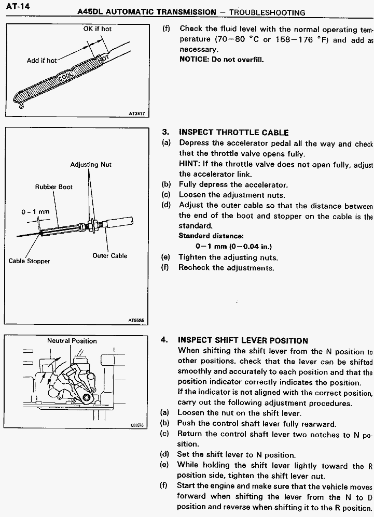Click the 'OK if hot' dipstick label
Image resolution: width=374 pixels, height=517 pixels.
[x=98, y=29]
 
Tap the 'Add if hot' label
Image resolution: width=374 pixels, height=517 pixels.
[x=41, y=61]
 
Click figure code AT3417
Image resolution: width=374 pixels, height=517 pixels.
[x=136, y=113]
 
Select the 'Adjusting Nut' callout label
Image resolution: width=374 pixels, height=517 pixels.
[x=91, y=165]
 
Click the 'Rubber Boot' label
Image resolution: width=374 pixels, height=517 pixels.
[x=54, y=186]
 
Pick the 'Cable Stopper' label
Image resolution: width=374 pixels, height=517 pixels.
[x=29, y=261]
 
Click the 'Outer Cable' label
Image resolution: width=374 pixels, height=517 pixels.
[x=109, y=255]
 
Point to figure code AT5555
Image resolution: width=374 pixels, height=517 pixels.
[x=136, y=321]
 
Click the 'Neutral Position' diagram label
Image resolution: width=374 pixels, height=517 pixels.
[x=72, y=341]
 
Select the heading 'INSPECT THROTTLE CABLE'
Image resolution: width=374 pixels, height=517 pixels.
[x=233, y=133]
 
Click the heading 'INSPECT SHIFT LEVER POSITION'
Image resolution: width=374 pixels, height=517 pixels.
[x=243, y=340]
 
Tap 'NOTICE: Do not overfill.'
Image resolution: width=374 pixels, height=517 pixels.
[x=221, y=60]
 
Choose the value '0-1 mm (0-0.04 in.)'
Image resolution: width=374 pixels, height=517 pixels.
[x=233, y=247]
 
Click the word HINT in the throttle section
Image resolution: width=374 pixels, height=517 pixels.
[x=188, y=164]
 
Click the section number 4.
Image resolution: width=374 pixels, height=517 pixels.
[x=164, y=340]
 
